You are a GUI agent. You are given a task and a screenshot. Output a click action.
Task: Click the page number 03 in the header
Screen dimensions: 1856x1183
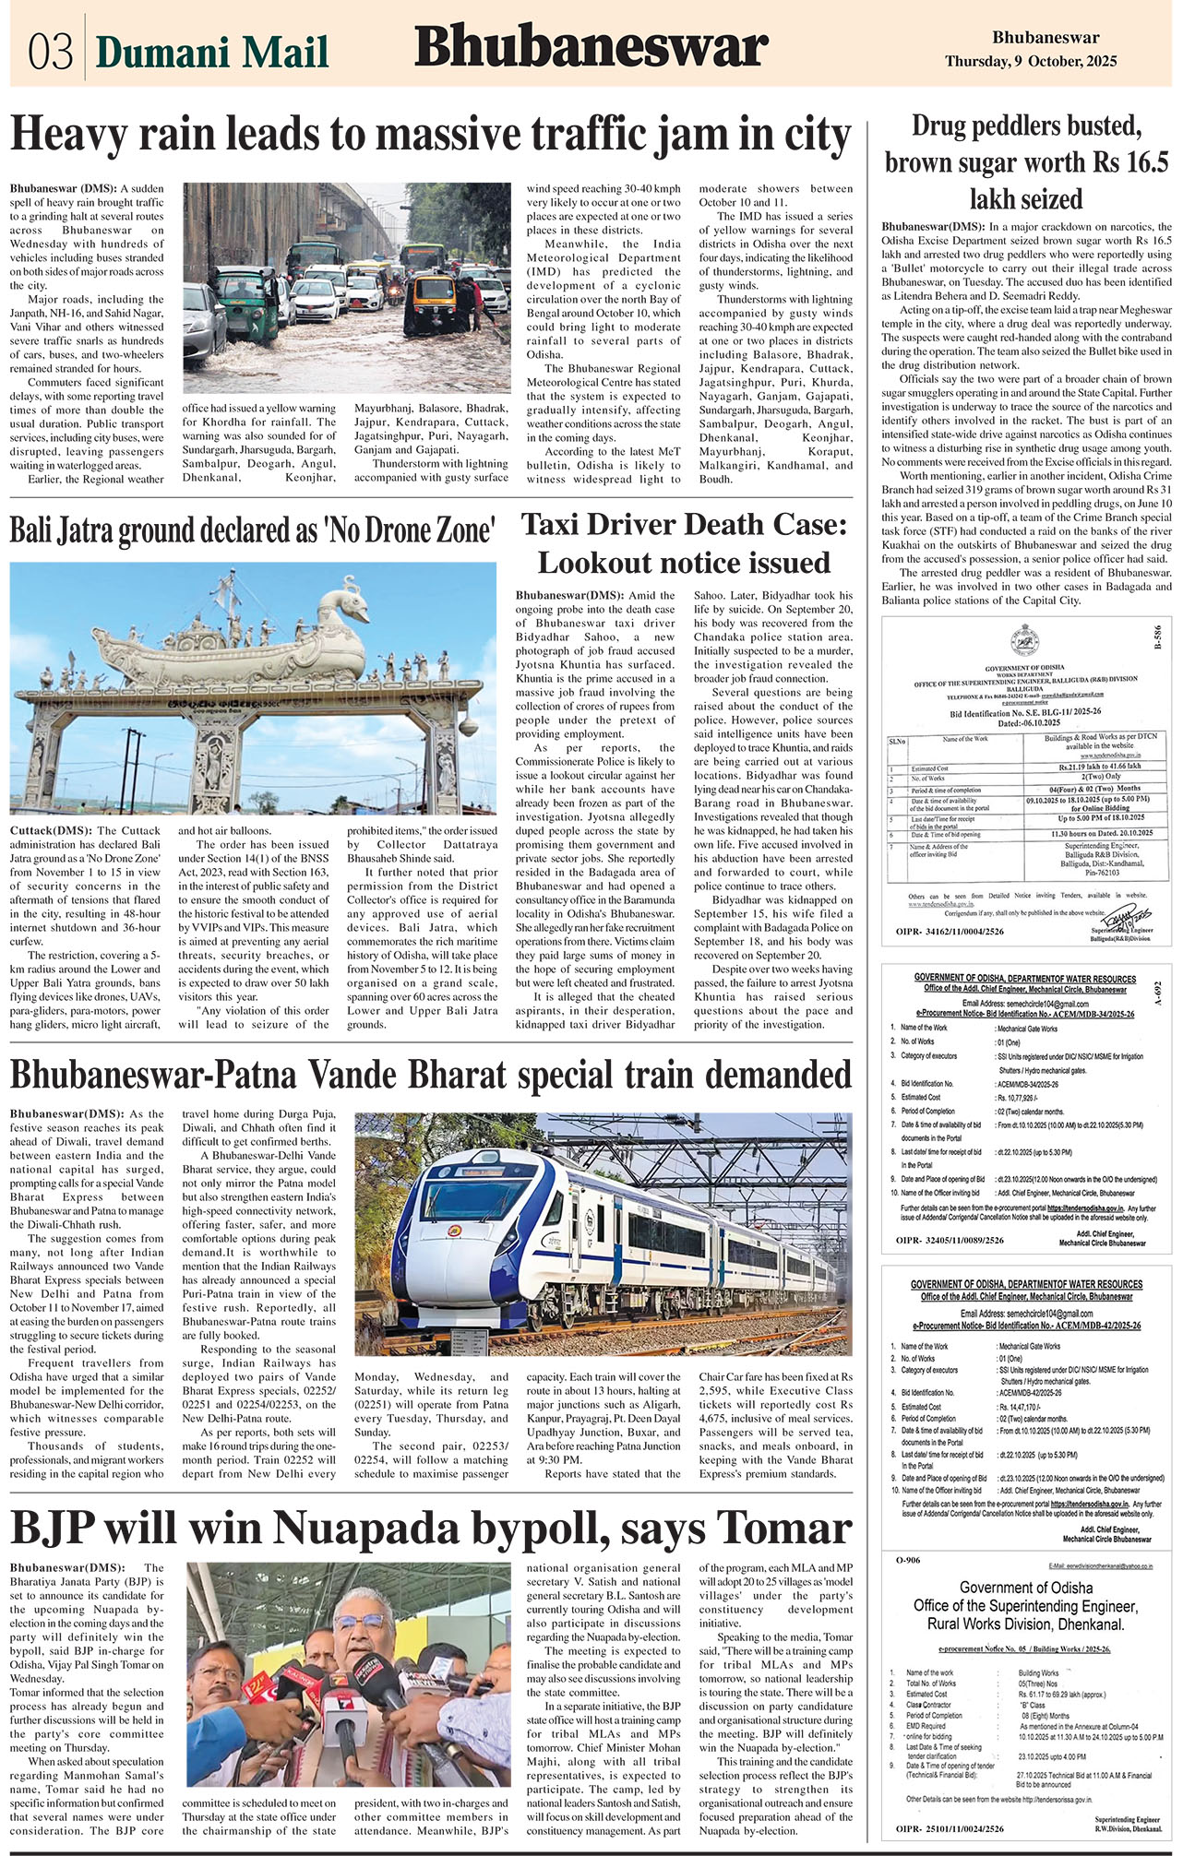click(50, 52)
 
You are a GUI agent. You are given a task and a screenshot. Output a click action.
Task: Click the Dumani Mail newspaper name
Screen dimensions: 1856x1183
click(212, 52)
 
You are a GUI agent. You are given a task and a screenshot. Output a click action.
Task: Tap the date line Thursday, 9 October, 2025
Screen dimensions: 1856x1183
click(1031, 62)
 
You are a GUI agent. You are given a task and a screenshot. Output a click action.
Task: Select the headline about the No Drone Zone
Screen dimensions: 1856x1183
click(252, 530)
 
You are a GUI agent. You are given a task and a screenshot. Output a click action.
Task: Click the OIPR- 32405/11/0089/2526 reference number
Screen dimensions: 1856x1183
click(950, 1241)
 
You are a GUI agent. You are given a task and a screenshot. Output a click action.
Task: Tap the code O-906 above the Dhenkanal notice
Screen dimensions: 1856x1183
click(908, 1560)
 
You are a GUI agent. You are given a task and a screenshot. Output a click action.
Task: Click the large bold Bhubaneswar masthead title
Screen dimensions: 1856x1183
click(591, 48)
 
